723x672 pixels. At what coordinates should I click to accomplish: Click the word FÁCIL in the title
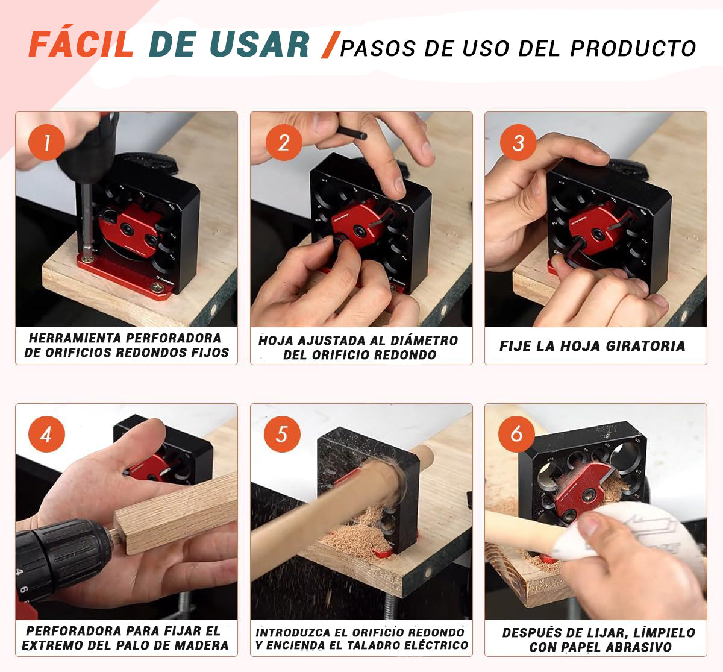pos(81,45)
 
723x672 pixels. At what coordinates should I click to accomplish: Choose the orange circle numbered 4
pos(46,434)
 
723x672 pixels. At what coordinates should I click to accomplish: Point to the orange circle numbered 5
pos(282,434)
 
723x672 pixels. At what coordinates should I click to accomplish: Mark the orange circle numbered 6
pos(516,434)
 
